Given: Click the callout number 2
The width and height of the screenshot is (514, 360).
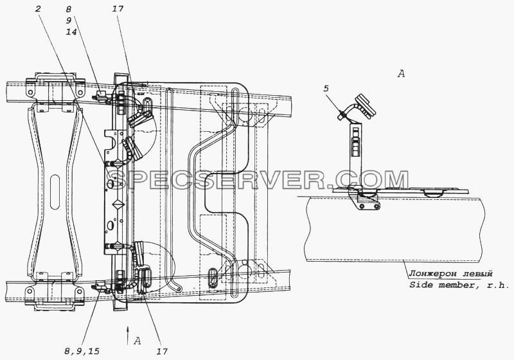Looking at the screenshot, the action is [38, 8].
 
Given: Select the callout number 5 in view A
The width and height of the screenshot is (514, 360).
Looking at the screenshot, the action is [326, 89].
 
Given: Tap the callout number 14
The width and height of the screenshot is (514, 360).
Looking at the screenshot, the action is [71, 32].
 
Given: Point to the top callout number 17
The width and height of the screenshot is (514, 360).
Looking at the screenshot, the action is [118, 8].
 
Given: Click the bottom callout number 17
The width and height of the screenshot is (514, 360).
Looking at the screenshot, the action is [162, 352].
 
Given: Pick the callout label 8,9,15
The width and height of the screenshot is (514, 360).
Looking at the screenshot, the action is [82, 352].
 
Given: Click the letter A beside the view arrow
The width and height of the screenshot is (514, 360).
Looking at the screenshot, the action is [137, 341].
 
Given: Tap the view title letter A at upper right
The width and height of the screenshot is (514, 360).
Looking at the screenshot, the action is [401, 74].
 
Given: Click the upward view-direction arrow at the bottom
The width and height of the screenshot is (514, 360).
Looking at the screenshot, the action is [128, 335].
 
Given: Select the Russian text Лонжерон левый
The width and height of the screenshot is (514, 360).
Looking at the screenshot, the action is [451, 273].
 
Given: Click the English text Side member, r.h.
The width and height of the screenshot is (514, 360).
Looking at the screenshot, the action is [459, 285].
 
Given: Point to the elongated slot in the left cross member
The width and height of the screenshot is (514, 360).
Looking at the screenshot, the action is [55, 192].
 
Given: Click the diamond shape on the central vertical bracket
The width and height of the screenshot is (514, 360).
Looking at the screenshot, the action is [117, 204].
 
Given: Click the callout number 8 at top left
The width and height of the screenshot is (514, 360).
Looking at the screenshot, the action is [69, 9].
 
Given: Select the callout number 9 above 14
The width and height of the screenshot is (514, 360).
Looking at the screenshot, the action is [69, 21].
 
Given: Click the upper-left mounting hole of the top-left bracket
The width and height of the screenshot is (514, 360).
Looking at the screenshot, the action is [30, 92].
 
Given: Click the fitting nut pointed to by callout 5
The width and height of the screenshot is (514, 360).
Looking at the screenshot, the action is [342, 115].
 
